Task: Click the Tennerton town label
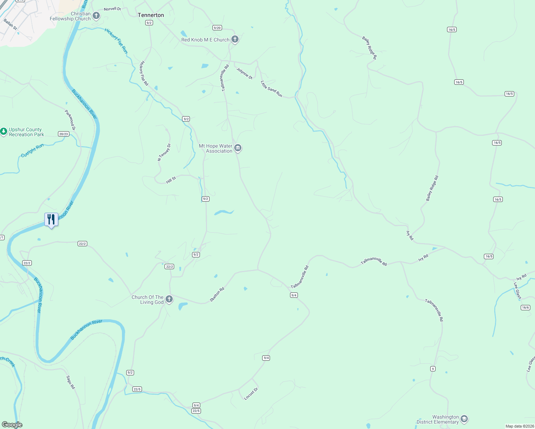[151, 15]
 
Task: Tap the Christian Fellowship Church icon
[96, 16]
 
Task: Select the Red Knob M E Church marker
[235, 39]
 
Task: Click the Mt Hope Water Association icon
[238, 148]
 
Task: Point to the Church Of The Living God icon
[169, 299]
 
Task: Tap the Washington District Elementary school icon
[464, 419]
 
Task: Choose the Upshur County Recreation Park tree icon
[4, 132]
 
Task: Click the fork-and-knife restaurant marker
[51, 220]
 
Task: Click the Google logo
[12, 425]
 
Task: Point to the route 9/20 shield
[217, 28]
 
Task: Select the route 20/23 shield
[63, 134]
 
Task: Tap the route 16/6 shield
[525, 307]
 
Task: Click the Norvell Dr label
[112, 9]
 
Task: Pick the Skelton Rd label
[217, 294]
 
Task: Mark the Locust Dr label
[251, 394]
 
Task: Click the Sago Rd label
[70, 382]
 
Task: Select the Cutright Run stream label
[32, 151]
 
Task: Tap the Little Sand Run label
[271, 89]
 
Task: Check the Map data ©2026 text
[519, 426]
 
